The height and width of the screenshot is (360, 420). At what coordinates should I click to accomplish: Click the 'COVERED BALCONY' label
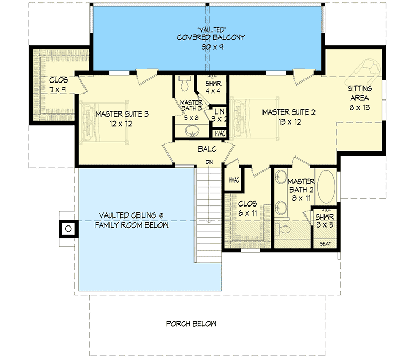pos(206,38)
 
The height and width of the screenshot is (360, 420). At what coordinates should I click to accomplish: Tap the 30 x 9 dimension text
pos(206,47)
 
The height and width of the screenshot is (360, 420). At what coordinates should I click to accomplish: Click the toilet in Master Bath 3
pos(184,84)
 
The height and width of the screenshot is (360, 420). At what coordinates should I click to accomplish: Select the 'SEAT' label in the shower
pos(325,243)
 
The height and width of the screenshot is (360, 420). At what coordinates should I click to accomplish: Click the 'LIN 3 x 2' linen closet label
pos(218,115)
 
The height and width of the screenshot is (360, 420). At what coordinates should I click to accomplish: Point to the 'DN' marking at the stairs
pos(209,162)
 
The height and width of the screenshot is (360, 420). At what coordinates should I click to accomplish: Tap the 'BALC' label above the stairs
pos(205,150)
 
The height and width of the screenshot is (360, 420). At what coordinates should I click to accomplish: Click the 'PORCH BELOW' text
pos(191,324)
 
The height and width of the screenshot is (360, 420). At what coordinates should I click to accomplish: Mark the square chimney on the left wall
pos(68,229)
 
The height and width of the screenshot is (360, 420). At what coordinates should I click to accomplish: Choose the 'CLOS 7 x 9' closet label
pos(58,85)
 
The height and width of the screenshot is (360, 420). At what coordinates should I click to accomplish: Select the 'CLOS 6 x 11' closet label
pos(248,208)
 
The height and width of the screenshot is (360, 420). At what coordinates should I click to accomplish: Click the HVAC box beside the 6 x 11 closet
pos(234,180)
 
